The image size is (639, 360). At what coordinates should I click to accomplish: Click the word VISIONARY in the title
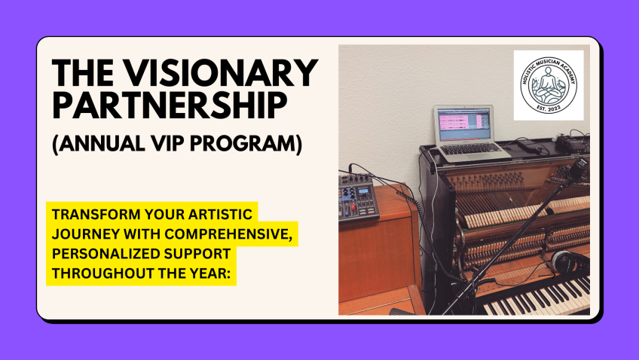coord(221,72)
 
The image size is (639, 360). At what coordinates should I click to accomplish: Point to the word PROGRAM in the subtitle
coord(246,144)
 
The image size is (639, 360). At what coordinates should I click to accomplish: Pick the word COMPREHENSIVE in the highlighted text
coord(228,234)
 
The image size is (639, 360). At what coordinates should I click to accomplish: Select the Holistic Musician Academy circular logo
coord(549,85)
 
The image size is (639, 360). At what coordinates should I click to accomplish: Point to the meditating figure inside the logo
coord(548,84)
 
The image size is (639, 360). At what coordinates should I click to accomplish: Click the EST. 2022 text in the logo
coord(549,108)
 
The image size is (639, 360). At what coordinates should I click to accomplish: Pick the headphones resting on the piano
coord(570,262)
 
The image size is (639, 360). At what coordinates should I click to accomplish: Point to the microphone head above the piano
coord(577,169)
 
